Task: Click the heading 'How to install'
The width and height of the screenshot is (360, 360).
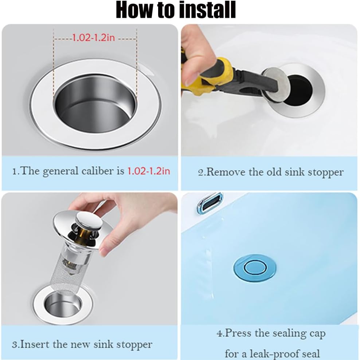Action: point(176,10)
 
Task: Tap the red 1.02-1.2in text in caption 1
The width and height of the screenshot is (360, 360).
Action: point(148,171)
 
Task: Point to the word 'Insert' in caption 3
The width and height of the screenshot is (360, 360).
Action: point(36,344)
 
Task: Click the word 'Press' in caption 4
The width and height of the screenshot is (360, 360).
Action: point(241,333)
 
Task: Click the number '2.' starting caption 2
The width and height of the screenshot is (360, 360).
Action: point(202,172)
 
